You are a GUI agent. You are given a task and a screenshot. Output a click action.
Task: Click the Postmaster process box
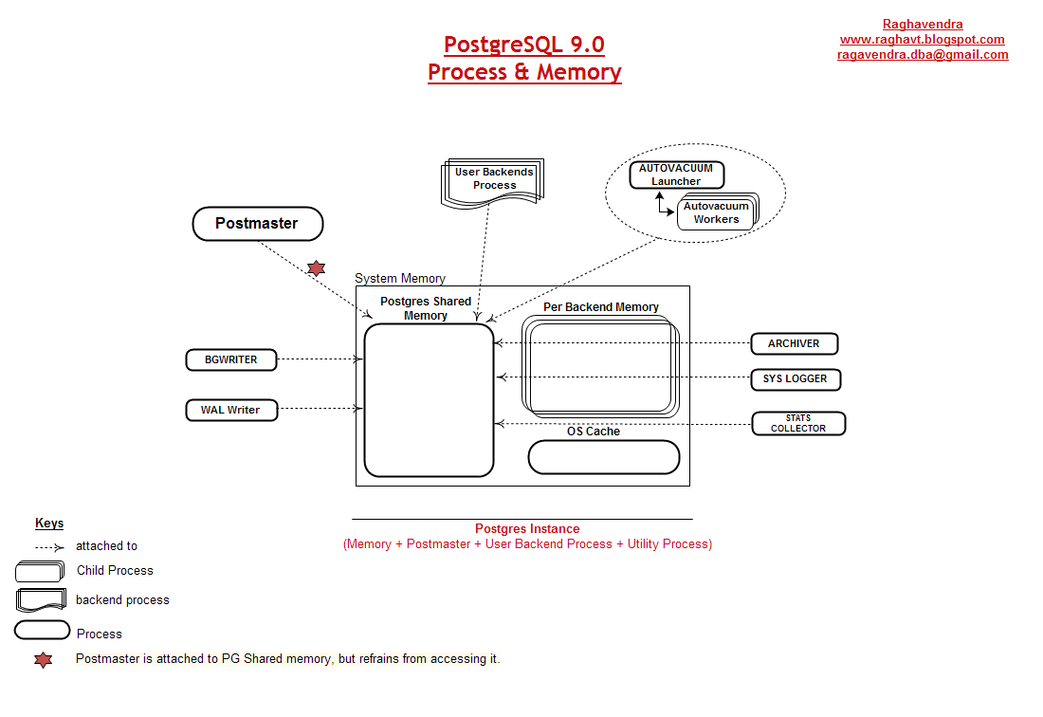(x=257, y=224)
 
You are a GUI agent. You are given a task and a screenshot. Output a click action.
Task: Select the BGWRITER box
(x=231, y=359)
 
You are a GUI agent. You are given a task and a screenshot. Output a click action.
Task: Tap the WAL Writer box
(x=231, y=410)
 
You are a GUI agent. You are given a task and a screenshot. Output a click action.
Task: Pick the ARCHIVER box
(x=794, y=343)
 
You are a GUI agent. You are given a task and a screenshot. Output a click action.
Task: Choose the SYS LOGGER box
(x=795, y=378)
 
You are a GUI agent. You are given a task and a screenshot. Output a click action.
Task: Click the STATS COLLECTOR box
(x=797, y=423)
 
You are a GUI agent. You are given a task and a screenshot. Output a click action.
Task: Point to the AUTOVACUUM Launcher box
(x=676, y=175)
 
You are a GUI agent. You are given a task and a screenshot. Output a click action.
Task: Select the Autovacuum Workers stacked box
(x=716, y=212)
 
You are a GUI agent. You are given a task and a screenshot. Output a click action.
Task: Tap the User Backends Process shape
(x=494, y=179)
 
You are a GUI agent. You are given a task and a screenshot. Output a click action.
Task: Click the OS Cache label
(x=594, y=431)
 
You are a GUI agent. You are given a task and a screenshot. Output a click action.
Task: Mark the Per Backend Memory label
(x=601, y=307)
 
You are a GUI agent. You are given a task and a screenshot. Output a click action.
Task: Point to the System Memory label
(x=400, y=279)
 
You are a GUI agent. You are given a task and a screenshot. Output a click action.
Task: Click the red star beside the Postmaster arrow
(x=316, y=268)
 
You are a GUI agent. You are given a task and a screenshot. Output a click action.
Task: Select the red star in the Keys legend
(x=43, y=660)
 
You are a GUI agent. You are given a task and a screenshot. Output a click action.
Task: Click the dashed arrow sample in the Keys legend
(x=49, y=546)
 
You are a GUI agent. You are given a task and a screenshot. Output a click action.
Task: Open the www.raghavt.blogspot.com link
(x=922, y=40)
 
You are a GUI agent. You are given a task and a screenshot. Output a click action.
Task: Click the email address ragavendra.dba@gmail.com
(x=922, y=55)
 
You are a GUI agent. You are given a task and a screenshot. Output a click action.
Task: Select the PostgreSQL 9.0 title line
(x=524, y=45)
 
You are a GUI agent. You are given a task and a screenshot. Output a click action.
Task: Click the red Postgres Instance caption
(x=527, y=528)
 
